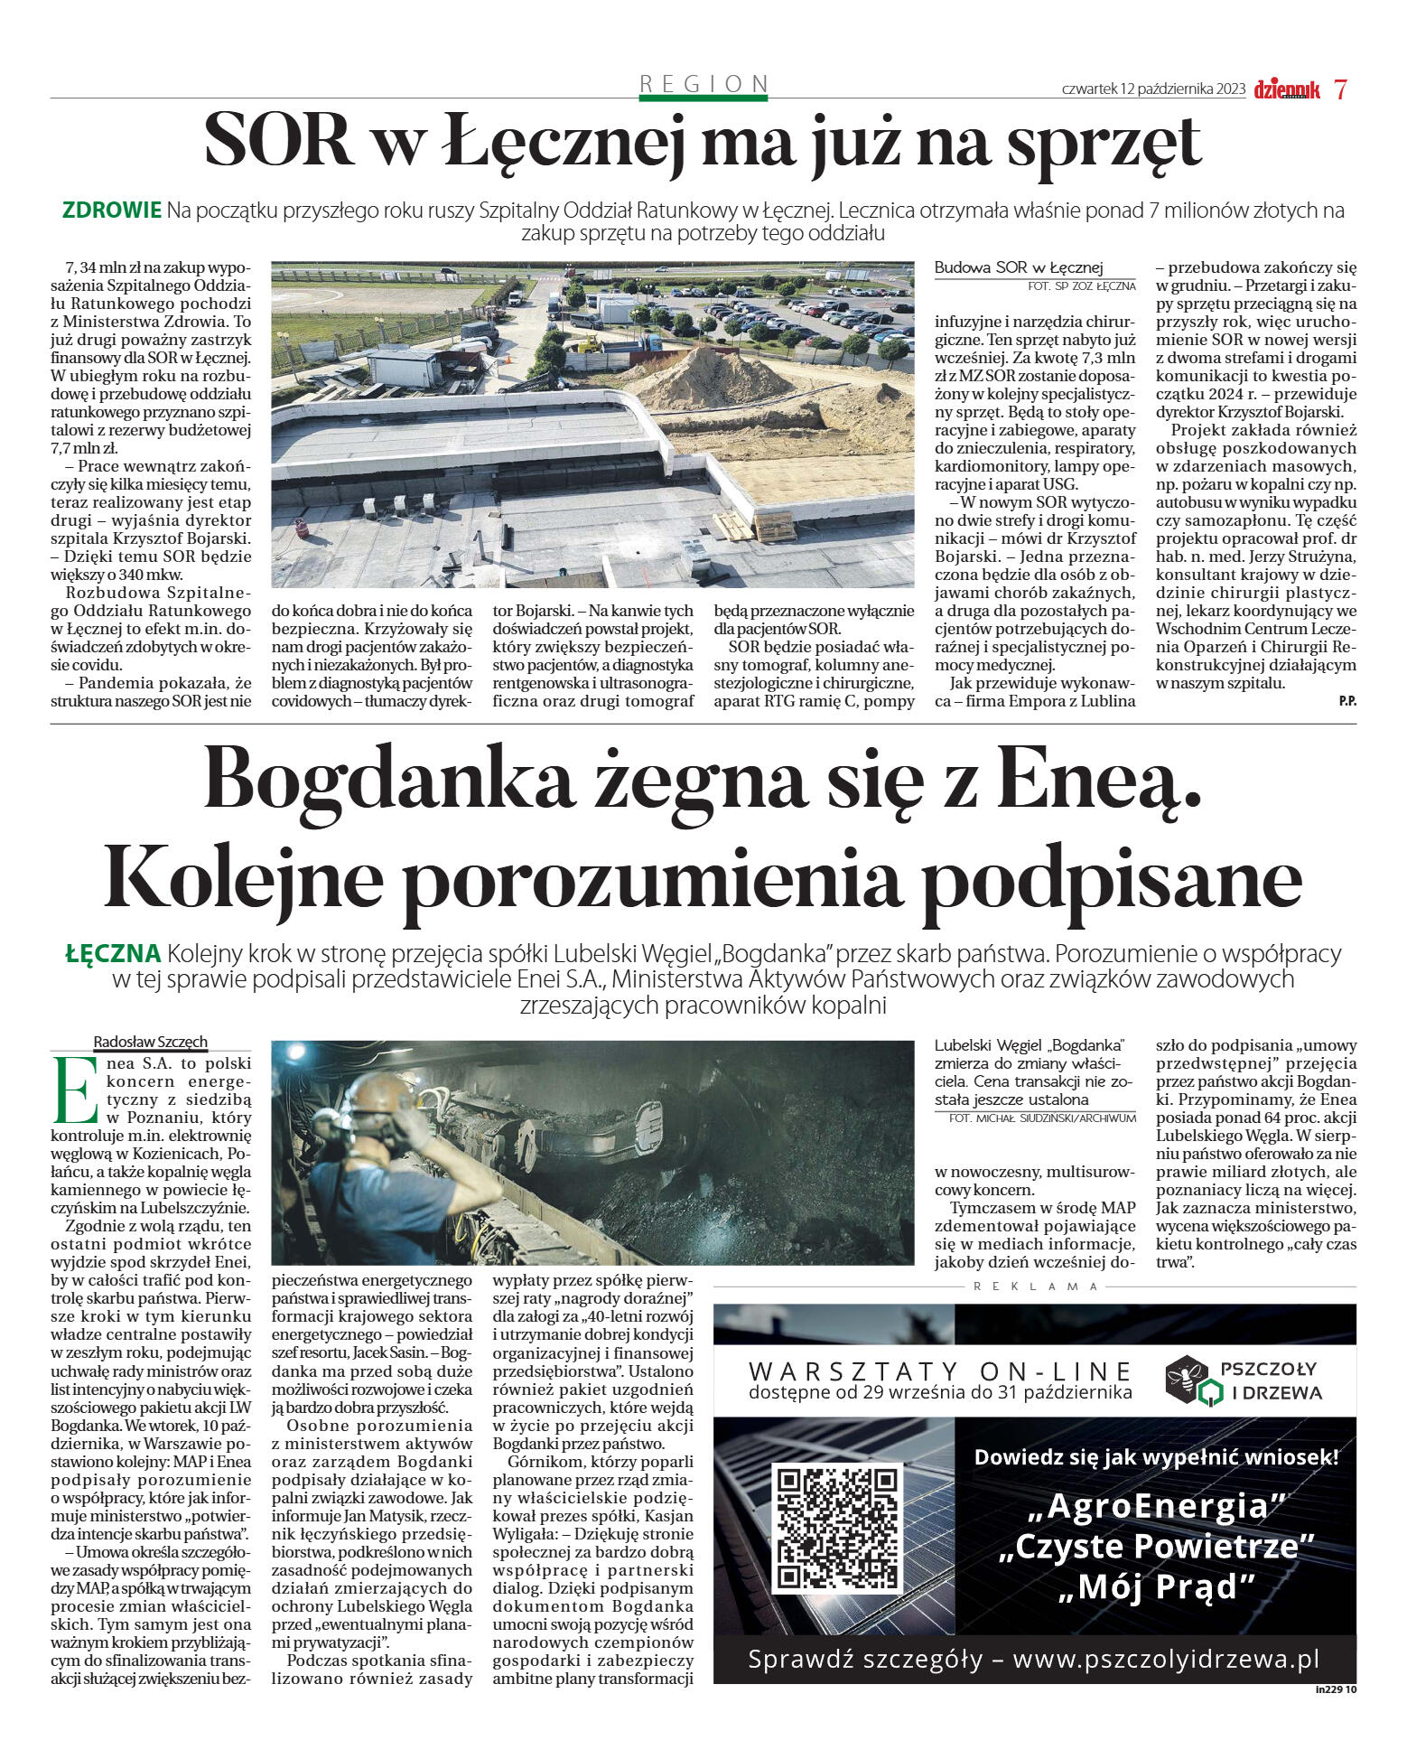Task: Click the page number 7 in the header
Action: tap(1340, 89)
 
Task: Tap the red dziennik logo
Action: tap(1286, 89)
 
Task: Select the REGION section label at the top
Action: tap(703, 84)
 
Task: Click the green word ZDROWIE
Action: tap(112, 211)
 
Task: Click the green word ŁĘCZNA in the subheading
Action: tap(113, 953)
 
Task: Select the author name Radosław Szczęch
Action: tap(151, 1042)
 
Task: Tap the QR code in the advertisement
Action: tap(837, 1529)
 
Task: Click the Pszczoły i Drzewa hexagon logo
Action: tap(1186, 1380)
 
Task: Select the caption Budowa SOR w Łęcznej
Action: tap(1018, 267)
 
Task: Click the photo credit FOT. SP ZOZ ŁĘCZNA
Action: tap(1081, 285)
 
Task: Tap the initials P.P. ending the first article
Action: tap(1346, 701)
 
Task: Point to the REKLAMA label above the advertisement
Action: tap(1035, 1287)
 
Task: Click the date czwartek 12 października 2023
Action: tap(1153, 89)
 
